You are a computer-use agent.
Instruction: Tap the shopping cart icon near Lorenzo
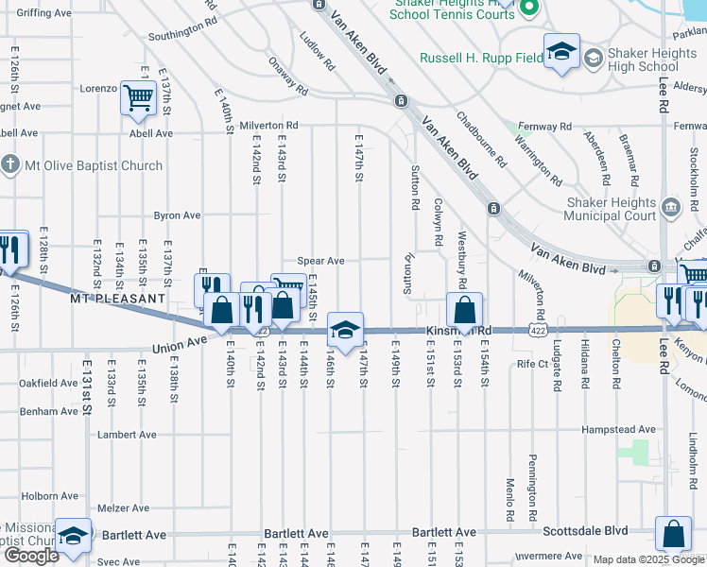(x=139, y=97)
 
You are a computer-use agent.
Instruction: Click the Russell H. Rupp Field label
(x=481, y=58)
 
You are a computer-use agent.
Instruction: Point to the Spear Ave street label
(x=321, y=261)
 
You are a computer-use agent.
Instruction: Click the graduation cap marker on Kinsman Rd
(x=346, y=330)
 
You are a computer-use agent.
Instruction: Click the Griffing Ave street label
(x=44, y=13)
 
